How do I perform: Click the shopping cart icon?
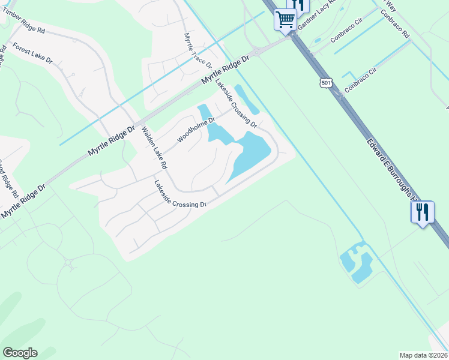click(x=285, y=19)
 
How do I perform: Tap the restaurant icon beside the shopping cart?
click(x=298, y=5)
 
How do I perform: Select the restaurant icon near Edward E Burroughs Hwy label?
click(x=422, y=212)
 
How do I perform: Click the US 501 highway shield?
click(x=325, y=83)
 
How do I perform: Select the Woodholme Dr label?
click(x=196, y=130)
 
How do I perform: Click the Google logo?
click(x=20, y=353)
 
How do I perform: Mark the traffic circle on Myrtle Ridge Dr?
click(x=257, y=52)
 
